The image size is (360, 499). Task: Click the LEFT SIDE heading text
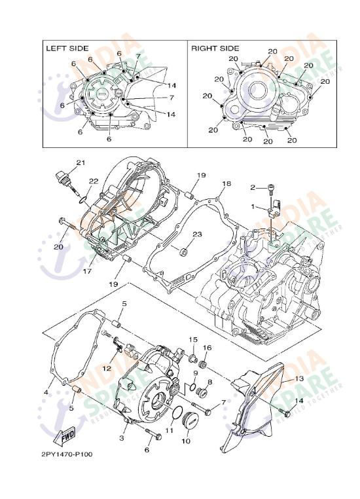tap(68, 48)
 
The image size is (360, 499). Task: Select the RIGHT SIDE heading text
tap(215, 48)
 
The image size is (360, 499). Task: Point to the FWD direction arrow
tap(67, 435)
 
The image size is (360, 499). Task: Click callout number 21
tap(81, 162)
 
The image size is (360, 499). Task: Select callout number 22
tap(94, 181)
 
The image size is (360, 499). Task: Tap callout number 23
tap(196, 234)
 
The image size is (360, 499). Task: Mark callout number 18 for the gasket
tap(226, 184)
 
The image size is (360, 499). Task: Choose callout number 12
tap(107, 369)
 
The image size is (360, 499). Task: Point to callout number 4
tap(46, 392)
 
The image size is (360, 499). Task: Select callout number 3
tap(121, 437)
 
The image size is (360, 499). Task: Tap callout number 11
tap(168, 430)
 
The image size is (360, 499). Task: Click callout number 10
tap(185, 441)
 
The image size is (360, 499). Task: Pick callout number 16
tap(207, 348)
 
